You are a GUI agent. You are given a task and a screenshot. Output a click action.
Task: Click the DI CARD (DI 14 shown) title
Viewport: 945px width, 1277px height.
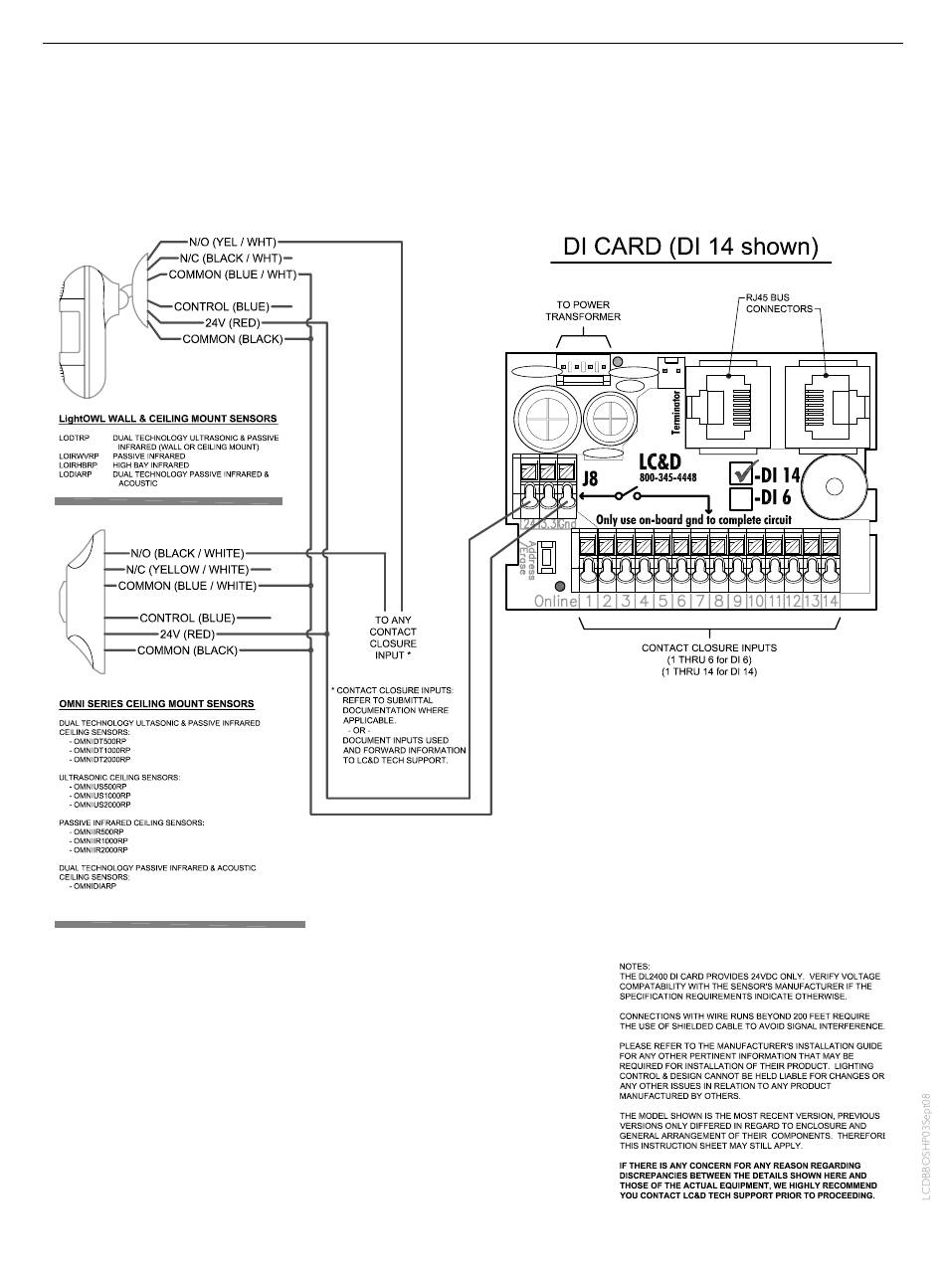coord(690,246)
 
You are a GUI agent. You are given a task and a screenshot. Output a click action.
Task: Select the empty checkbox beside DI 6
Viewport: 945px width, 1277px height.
coord(741,497)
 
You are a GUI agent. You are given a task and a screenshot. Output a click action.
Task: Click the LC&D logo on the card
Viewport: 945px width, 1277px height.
coord(661,462)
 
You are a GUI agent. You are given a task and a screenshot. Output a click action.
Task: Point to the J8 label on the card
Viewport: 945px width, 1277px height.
coord(590,492)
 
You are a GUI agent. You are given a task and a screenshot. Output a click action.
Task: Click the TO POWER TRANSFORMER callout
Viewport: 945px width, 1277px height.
coord(583,310)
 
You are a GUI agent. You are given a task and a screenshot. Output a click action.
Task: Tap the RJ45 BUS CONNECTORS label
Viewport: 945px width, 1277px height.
coord(779,302)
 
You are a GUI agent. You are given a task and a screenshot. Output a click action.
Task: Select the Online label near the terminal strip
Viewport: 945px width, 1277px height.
coord(555,601)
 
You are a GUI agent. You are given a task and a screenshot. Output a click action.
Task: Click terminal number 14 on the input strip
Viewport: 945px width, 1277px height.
coord(831,601)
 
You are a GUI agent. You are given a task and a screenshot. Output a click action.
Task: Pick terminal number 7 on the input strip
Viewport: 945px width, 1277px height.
coord(700,601)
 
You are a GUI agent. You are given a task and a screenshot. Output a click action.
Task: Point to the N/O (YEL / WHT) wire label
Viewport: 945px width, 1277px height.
coord(232,242)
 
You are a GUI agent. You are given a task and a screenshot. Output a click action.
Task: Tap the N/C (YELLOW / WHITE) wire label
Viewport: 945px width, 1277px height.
coord(187,569)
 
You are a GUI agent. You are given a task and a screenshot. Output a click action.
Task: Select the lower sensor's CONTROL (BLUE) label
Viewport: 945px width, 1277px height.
coord(187,618)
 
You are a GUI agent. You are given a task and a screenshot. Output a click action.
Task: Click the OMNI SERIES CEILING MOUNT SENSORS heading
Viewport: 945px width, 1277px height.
coord(155,704)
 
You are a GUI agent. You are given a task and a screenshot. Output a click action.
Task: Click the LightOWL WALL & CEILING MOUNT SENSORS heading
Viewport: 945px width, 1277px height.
coord(167,419)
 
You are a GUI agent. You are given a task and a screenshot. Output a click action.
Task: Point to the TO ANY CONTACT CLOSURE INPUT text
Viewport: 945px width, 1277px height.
coord(392,638)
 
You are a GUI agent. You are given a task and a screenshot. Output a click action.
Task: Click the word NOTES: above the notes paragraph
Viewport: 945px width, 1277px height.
coord(634,966)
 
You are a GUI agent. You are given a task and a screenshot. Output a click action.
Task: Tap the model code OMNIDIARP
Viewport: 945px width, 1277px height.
coord(94,885)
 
